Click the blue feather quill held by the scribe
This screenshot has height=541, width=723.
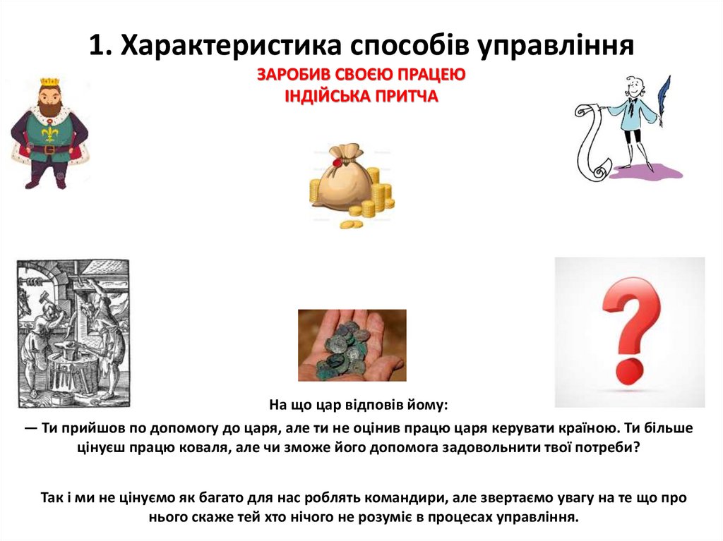663,99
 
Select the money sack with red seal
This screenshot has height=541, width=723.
342,176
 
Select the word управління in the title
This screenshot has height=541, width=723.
558,47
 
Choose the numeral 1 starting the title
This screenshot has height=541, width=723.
97,47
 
